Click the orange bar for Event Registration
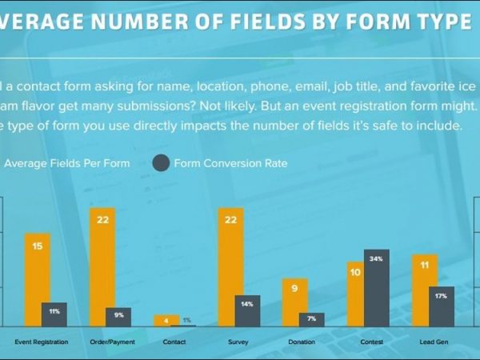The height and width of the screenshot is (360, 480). click(x=37, y=280)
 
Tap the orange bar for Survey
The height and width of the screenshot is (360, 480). click(x=230, y=268)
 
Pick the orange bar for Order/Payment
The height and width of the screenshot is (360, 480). click(x=102, y=268)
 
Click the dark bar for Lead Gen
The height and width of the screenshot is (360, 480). click(x=442, y=307)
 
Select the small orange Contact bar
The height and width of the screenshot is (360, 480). click(x=166, y=320)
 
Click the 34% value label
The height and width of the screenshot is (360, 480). click(x=377, y=259)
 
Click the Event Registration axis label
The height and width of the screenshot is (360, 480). click(x=42, y=342)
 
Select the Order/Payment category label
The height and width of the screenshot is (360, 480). click(x=110, y=342)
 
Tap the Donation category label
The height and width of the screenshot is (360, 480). click(x=302, y=342)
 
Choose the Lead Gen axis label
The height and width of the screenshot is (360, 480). click(x=432, y=342)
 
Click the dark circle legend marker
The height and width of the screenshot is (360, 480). click(x=161, y=164)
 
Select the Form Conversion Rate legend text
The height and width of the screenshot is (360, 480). click(x=232, y=164)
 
